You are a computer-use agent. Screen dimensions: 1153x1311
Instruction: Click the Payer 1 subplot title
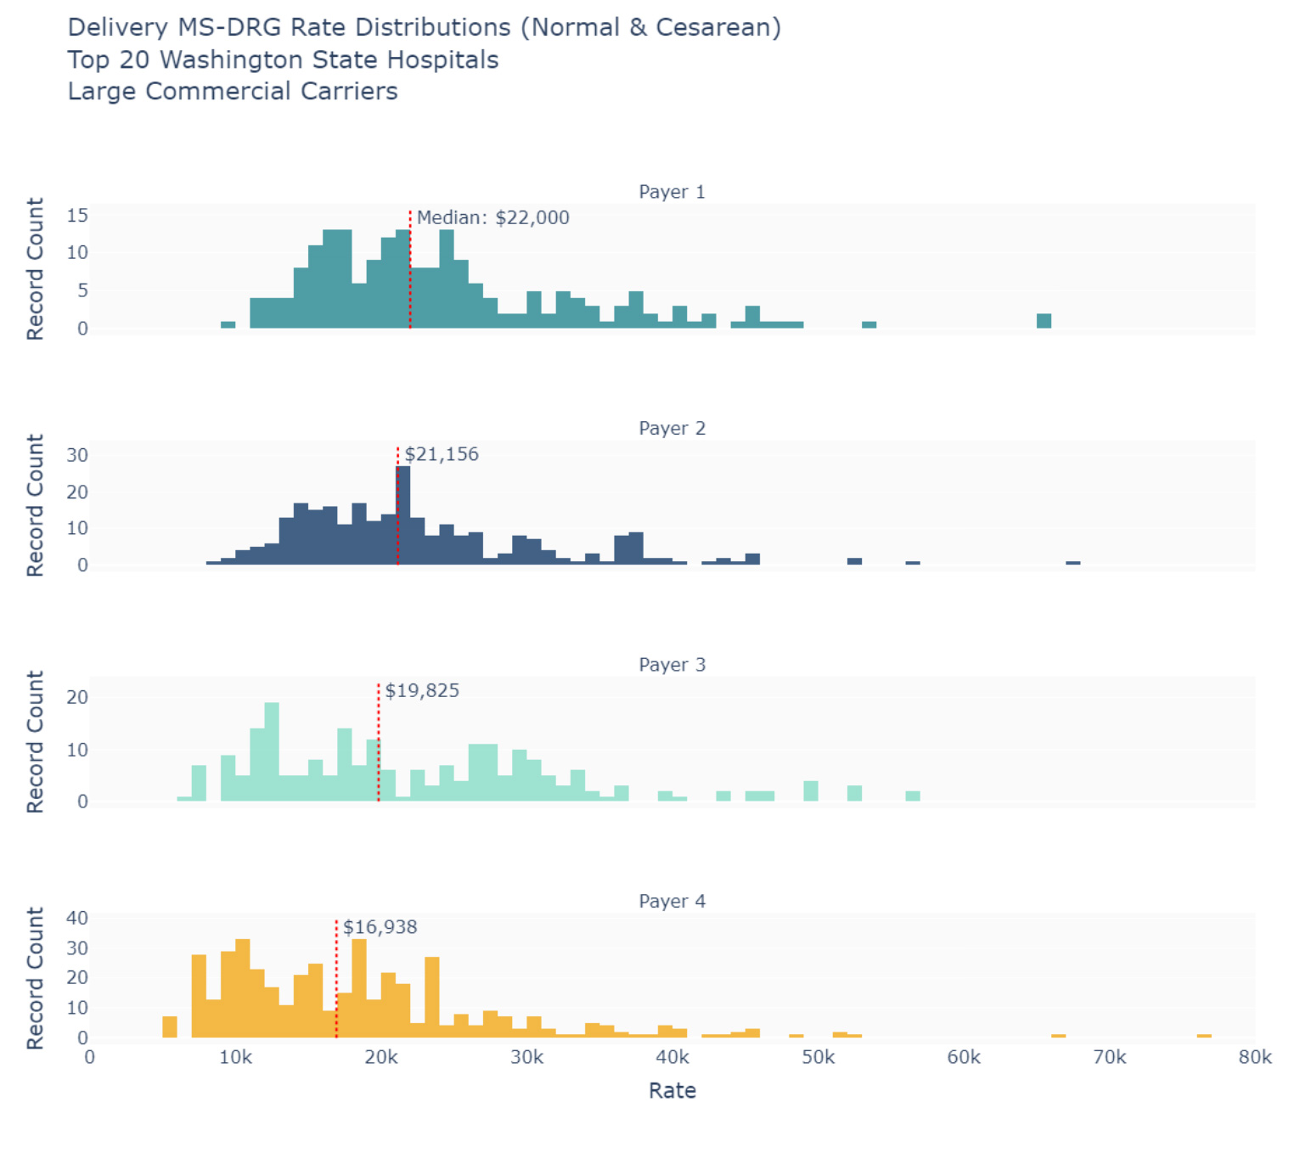pos(672,192)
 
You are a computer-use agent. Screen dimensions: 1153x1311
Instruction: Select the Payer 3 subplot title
pos(672,665)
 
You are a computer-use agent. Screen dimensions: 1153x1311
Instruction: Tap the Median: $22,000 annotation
pos(492,218)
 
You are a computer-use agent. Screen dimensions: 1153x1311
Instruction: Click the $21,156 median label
pos(442,454)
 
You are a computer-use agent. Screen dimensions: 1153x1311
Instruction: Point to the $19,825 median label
pos(422,691)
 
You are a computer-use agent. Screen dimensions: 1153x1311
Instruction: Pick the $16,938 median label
pos(380,927)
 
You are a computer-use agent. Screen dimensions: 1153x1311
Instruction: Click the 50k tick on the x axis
pos(818,1058)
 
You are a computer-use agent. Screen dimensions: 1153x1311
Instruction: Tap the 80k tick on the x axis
pos(1254,1058)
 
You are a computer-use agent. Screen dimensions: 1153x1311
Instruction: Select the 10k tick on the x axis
pos(235,1058)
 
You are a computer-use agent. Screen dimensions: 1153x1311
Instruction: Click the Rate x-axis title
pos(672,1091)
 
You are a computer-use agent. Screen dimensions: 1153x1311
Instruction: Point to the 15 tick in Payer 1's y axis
pos(77,216)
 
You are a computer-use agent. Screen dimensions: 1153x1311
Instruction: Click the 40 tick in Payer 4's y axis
pos(77,918)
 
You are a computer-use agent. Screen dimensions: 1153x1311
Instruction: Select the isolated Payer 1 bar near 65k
pos(1044,321)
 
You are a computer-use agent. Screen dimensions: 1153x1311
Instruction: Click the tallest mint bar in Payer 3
pos(272,752)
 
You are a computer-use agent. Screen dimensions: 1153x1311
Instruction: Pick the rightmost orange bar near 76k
pos(1203,1036)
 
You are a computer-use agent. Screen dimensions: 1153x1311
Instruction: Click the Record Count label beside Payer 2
pos(35,506)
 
